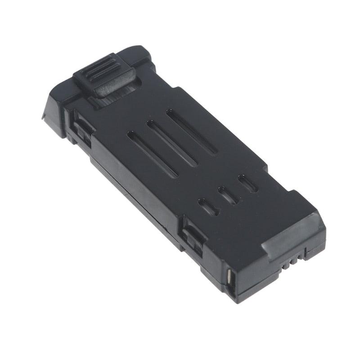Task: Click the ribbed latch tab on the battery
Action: [104, 74]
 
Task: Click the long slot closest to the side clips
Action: [152, 153]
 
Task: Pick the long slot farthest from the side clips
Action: [191, 132]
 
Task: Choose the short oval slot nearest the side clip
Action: [208, 207]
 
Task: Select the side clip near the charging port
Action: [192, 234]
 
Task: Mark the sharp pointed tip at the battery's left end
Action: [44, 118]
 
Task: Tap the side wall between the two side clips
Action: [135, 189]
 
